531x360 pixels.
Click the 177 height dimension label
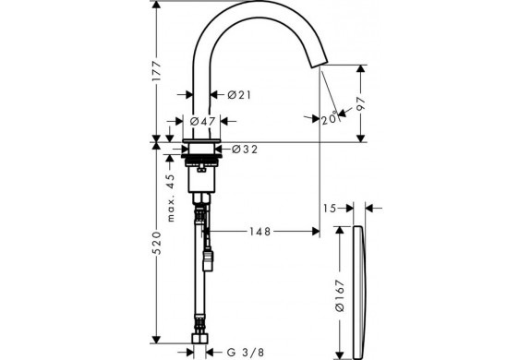(157, 71)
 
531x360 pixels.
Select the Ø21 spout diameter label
(239, 95)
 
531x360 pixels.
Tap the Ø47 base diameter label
(202, 121)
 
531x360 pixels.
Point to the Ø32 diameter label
(245, 149)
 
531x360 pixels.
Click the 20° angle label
(330, 118)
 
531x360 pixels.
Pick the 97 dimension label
(361, 103)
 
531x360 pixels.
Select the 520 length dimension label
(156, 243)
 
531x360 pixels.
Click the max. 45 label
(171, 198)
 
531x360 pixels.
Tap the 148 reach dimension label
(260, 232)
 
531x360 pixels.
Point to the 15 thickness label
(330, 209)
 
